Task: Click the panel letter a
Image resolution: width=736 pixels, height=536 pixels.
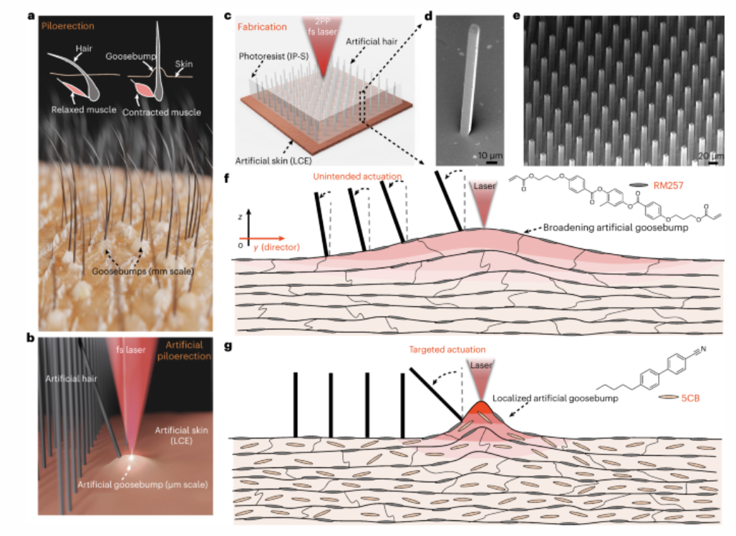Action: (32, 16)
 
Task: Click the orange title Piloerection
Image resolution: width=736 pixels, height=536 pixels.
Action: (67, 26)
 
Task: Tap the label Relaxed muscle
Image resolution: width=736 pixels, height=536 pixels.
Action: (84, 109)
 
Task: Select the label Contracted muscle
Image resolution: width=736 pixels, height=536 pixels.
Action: (162, 112)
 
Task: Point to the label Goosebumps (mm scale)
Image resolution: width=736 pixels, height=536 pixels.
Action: (142, 271)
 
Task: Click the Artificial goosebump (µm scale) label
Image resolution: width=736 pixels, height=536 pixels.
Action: (142, 484)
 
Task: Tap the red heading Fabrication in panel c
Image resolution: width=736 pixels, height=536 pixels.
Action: (262, 26)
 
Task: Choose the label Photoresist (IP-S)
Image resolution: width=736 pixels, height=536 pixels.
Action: (273, 57)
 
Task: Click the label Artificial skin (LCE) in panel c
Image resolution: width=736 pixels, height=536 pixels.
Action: (273, 160)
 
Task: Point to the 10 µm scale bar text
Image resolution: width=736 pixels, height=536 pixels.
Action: (490, 155)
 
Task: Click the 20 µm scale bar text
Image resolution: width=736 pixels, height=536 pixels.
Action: (711, 156)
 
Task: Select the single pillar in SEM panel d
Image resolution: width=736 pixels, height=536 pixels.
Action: (470, 79)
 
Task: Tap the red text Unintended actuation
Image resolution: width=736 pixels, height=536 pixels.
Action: (357, 177)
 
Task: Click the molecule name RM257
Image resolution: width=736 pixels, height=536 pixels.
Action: (668, 185)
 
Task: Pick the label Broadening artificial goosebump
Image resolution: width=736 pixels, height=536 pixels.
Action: (616, 228)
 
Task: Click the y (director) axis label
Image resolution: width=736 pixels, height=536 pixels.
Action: (276, 247)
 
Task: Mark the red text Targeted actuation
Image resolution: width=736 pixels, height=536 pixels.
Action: (447, 350)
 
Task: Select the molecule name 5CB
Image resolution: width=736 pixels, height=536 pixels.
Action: (690, 398)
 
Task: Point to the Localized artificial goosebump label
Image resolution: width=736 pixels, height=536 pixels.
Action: (556, 398)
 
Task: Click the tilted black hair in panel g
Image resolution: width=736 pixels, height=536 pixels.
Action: (437, 394)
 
